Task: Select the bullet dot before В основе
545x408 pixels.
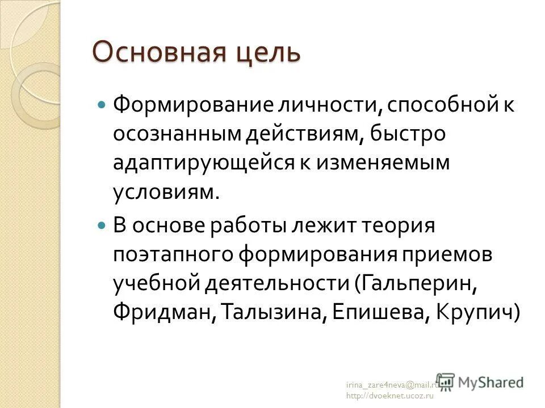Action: pyautogui.click(x=102, y=225)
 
